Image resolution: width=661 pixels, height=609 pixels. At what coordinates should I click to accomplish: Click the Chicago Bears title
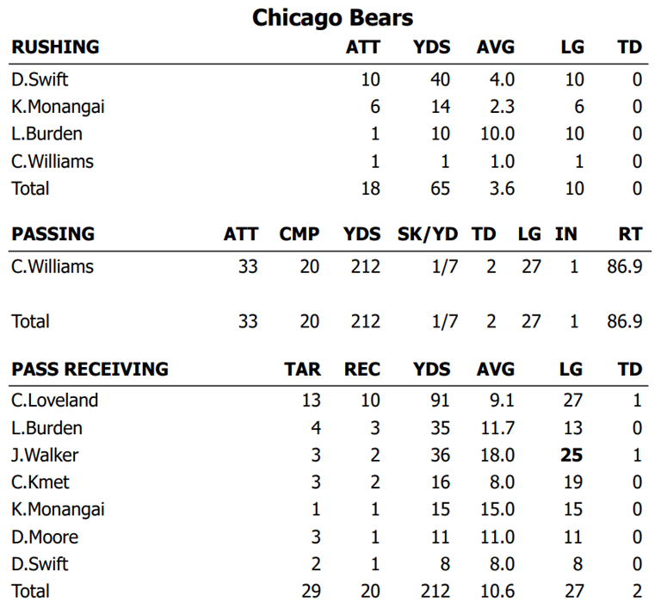coord(332,17)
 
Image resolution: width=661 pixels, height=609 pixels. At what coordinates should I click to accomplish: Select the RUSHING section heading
coord(55,47)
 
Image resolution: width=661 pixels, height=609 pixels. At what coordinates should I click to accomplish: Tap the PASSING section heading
coord(53,233)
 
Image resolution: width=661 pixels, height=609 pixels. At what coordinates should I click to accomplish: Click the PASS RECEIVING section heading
coord(90,370)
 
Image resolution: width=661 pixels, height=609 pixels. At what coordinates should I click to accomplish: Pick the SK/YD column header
coord(428,233)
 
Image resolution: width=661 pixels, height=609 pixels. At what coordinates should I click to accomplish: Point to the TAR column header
coord(302,370)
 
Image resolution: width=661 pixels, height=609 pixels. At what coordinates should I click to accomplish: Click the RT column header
coord(630,233)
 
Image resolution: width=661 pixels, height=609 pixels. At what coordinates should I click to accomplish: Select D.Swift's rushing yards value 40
coord(440,80)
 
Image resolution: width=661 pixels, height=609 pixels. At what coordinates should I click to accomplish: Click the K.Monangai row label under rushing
coord(59,107)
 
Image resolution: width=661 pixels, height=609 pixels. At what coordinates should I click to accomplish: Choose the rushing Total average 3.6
coord(502,188)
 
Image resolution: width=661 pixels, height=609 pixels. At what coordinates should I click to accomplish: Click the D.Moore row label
coord(45,537)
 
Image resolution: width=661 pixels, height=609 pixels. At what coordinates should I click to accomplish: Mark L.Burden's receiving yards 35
coord(440,428)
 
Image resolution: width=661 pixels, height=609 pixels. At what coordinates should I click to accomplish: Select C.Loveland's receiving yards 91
coord(440,401)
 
